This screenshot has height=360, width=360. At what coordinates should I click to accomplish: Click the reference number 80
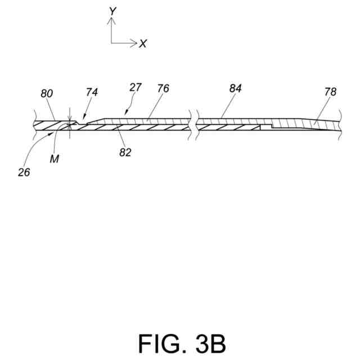[46, 94]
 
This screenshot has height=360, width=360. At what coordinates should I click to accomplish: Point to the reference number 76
[163, 88]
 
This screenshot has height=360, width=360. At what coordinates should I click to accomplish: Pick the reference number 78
[330, 92]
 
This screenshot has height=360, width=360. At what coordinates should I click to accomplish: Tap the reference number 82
[125, 152]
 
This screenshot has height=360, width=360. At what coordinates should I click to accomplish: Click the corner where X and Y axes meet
[111, 43]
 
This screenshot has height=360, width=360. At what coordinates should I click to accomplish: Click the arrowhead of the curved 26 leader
[52, 133]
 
